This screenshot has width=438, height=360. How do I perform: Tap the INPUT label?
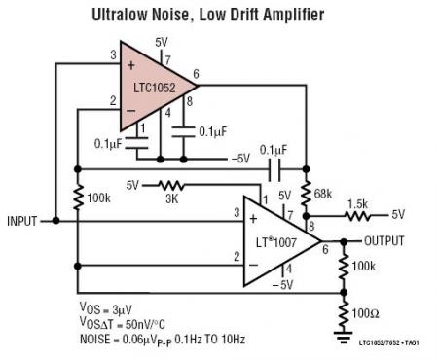pos(21,221)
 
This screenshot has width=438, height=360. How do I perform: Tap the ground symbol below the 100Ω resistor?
pos(343,335)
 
